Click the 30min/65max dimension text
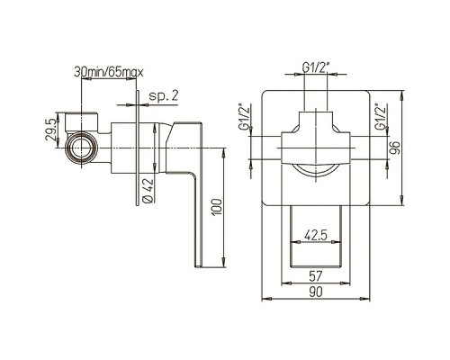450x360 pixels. [x=109, y=72]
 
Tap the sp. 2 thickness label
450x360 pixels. [x=164, y=96]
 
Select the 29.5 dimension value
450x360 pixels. [x=50, y=130]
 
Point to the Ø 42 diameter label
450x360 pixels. [x=148, y=191]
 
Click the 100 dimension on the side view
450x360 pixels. [x=217, y=207]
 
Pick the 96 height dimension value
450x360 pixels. [x=395, y=148]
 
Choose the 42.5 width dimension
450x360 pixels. [x=316, y=235]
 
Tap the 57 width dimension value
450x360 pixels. [x=316, y=275]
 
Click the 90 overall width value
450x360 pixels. [x=316, y=292]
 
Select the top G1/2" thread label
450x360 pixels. [x=316, y=67]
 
